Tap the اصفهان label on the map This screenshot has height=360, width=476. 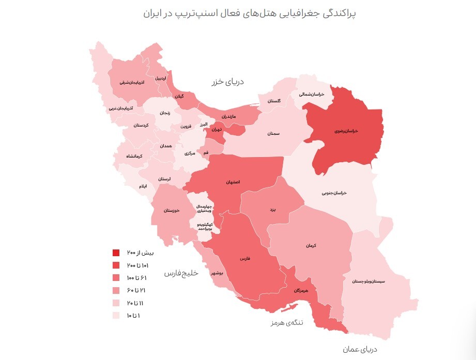click(x=233, y=182)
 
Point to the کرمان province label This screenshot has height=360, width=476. click(x=310, y=245)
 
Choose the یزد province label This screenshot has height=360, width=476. click(x=273, y=210)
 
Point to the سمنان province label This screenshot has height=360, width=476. click(x=273, y=133)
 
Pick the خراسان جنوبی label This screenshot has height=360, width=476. click(x=334, y=193)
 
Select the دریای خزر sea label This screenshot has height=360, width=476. click(x=227, y=82)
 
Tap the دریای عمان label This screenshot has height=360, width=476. click(x=357, y=350)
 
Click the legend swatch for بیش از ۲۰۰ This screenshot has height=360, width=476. click(x=116, y=253)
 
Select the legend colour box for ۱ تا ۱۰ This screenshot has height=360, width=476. click(x=116, y=315)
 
